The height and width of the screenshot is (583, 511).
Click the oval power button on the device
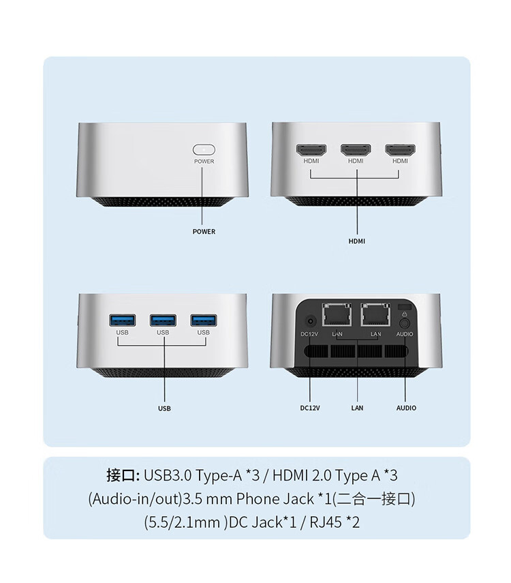[204, 150]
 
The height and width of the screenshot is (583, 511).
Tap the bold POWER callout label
[204, 232]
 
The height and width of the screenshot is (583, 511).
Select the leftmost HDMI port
[311, 150]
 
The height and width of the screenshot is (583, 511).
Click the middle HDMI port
[356, 150]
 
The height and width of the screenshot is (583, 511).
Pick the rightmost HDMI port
[400, 150]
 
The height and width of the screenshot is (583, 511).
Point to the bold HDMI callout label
[357, 241]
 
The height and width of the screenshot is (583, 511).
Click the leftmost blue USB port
[122, 320]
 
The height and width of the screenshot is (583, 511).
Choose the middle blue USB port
[163, 320]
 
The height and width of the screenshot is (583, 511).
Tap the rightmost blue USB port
[203, 320]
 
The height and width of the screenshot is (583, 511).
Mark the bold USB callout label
[164, 408]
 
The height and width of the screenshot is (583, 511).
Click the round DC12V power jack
[310, 321]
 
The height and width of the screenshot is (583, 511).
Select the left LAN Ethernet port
[337, 314]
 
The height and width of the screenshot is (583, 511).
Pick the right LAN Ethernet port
[375, 314]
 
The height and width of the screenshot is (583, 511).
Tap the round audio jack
[405, 323]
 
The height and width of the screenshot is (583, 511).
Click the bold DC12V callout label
[310, 408]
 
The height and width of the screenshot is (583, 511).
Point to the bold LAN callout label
[357, 408]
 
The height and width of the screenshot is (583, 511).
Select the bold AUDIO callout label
[406, 408]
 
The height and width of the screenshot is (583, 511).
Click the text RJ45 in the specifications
[326, 522]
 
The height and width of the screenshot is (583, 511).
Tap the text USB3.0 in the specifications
[168, 475]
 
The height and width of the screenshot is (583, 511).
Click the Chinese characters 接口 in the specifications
[121, 475]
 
